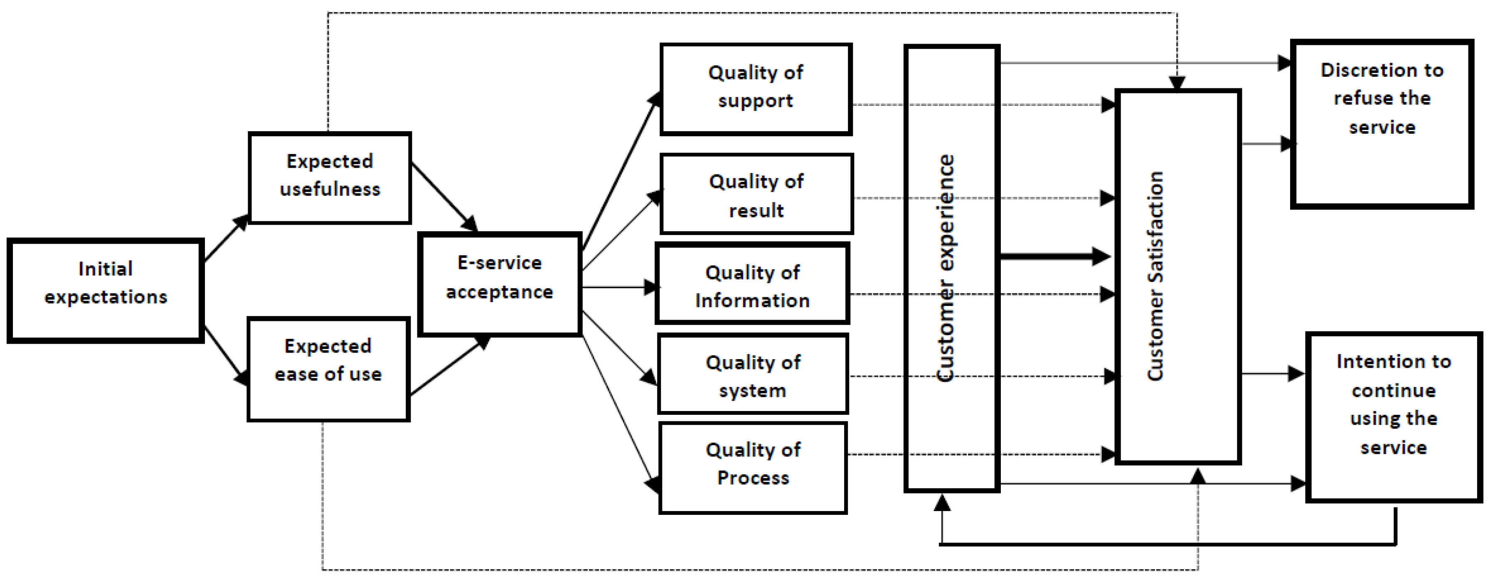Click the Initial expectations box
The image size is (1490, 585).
coord(105,291)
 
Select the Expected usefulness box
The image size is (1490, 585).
coord(330,177)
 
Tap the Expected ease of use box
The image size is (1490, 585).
coord(328,369)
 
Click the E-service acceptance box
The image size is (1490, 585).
coord(500,284)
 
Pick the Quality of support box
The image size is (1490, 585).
coord(756,89)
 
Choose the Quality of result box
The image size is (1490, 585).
coord(756,194)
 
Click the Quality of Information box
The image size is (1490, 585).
coord(752,283)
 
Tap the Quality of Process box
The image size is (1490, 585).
coord(753,467)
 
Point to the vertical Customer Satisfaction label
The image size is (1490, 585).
coord(1155,277)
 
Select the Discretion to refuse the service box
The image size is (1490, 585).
coord(1382,123)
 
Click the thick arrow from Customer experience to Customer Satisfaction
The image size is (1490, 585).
coord(1053,256)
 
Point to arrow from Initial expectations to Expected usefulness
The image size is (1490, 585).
coord(226,238)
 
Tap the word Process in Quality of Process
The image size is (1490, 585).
coord(753,478)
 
